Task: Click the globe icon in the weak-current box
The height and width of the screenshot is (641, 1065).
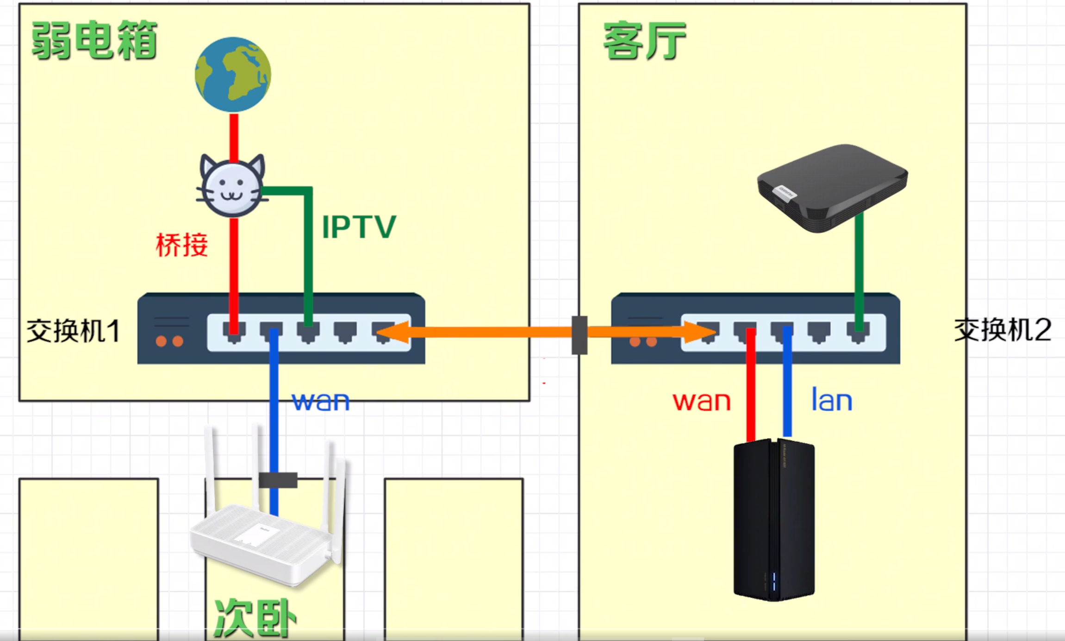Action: [x=233, y=75]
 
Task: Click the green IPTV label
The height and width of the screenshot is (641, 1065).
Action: [x=359, y=227]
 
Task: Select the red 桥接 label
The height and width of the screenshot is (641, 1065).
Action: [x=182, y=245]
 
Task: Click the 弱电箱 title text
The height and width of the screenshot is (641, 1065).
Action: [x=94, y=41]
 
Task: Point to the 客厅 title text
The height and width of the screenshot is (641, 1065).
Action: [x=644, y=41]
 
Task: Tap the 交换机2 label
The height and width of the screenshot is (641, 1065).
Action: [x=1003, y=330]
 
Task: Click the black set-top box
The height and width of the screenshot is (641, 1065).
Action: [x=832, y=187]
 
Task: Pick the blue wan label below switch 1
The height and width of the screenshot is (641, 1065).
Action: [x=321, y=401]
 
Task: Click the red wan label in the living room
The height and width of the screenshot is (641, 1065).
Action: [x=701, y=401]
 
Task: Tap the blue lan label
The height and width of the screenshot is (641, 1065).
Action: [x=832, y=400]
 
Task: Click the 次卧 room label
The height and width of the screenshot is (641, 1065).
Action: [x=255, y=618]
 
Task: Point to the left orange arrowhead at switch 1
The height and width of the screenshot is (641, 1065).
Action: [x=393, y=332]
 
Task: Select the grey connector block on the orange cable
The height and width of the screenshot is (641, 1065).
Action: [x=579, y=335]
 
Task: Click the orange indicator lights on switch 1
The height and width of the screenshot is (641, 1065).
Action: [x=169, y=342]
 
